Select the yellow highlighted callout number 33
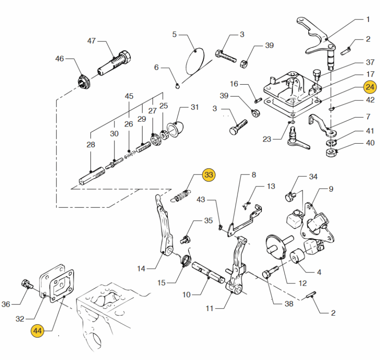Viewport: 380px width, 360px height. pyautogui.click(x=209, y=175)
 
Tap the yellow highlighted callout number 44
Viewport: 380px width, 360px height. pyautogui.click(x=38, y=330)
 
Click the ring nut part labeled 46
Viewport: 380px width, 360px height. pyautogui.click(x=84, y=81)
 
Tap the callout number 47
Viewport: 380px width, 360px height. pyautogui.click(x=92, y=41)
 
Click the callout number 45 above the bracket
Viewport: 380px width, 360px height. pyautogui.click(x=129, y=96)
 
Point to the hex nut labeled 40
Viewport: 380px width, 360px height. pyautogui.click(x=330, y=153)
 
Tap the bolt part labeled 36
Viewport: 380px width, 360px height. pyautogui.click(x=26, y=284)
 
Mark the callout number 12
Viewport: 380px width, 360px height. pyautogui.click(x=303, y=283)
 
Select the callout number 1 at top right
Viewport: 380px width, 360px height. pyautogui.click(x=368, y=19)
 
